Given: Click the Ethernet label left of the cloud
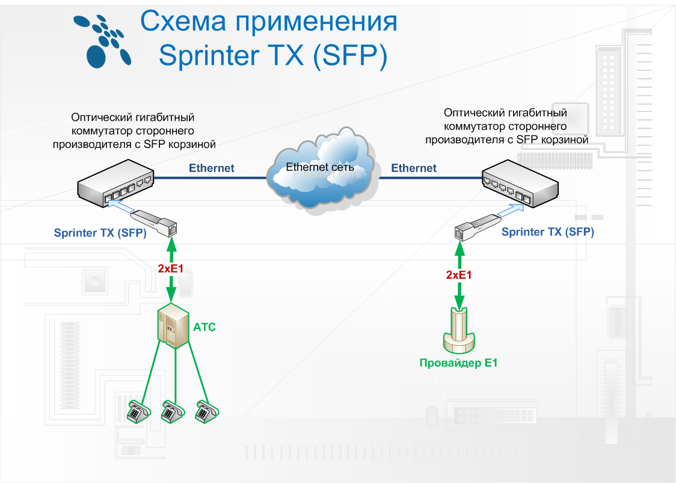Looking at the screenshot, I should [212, 168].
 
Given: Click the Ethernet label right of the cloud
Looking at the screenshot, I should [414, 168].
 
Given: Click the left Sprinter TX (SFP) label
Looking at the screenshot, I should [100, 233].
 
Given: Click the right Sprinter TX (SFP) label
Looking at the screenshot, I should [547, 232].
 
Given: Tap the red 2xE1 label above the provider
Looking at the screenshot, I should [459, 275].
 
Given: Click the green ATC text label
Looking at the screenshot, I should [204, 328].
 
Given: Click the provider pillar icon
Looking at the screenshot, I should [459, 331].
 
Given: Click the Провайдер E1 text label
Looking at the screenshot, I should [459, 363].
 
